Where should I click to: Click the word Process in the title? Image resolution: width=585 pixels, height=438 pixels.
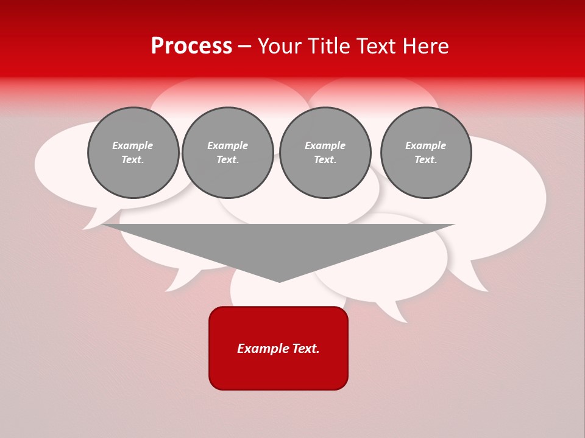click(x=191, y=46)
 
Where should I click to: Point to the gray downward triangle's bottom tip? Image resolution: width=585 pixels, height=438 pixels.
click(x=279, y=280)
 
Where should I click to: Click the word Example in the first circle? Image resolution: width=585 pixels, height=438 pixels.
click(x=133, y=145)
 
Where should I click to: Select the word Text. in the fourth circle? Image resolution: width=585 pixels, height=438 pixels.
click(x=426, y=159)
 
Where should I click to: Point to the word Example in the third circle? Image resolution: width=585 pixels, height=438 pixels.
click(x=325, y=145)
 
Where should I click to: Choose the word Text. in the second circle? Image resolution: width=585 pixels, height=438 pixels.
click(x=228, y=159)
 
